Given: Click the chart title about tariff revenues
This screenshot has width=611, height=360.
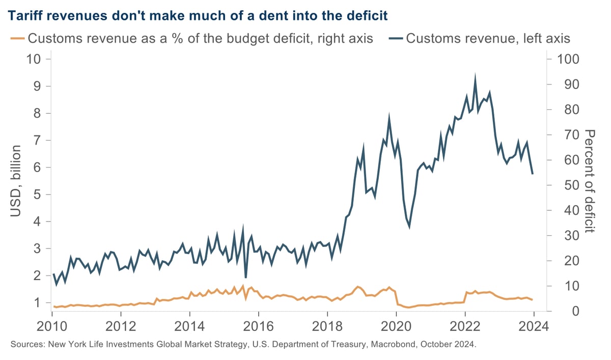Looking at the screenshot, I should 198,16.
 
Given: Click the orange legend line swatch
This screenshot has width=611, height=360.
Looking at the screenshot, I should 17,38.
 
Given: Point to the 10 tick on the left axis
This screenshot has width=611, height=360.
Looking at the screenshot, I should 33,59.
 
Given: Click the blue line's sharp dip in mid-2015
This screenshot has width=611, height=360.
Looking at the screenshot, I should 246,278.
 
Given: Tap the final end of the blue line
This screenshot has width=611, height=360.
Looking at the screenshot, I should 533,174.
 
